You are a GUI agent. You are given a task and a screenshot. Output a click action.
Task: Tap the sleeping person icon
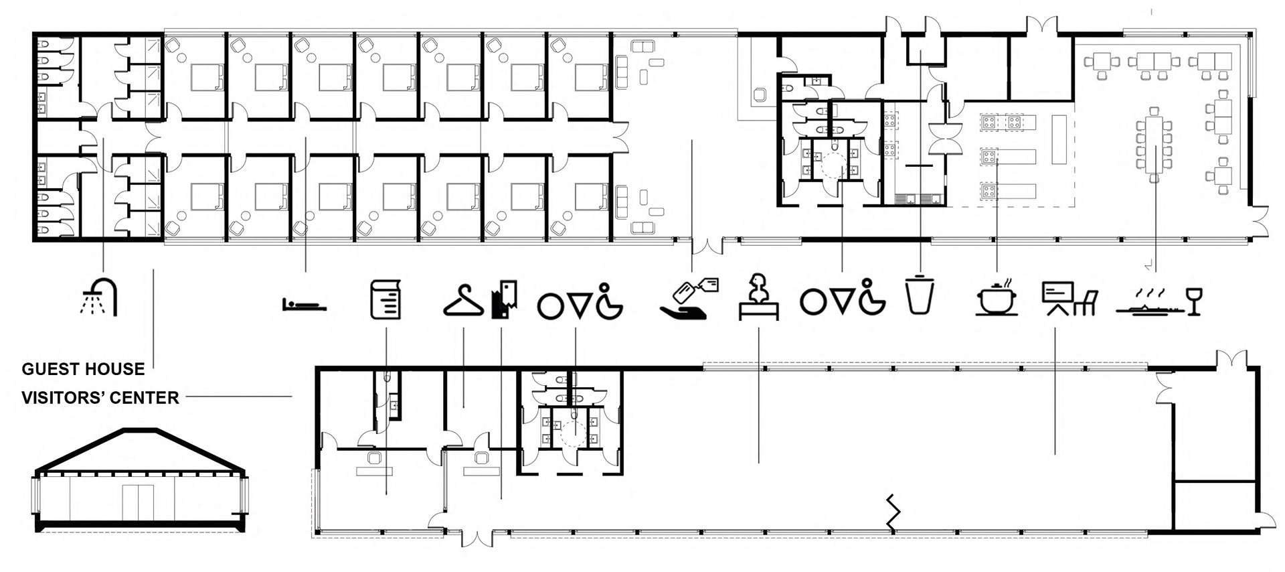pos(304,305)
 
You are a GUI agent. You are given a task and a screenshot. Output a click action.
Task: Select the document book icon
pos(386,299)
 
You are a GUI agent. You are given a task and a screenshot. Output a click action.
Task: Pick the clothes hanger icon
pos(463,300)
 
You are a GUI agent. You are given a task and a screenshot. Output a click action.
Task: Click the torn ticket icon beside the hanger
pos(503,299)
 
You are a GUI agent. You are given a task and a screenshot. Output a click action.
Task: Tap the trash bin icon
pos(920,294)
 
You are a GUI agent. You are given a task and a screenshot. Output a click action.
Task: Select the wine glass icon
pos(1193,301)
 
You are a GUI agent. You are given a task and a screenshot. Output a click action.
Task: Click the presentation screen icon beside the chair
pos(1058,298)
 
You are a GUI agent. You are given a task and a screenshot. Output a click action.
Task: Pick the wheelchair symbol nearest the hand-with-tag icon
pos(610,299)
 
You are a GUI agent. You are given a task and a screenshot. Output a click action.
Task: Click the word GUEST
pos(47,369)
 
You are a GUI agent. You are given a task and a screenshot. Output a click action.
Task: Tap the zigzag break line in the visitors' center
pos(893,512)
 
